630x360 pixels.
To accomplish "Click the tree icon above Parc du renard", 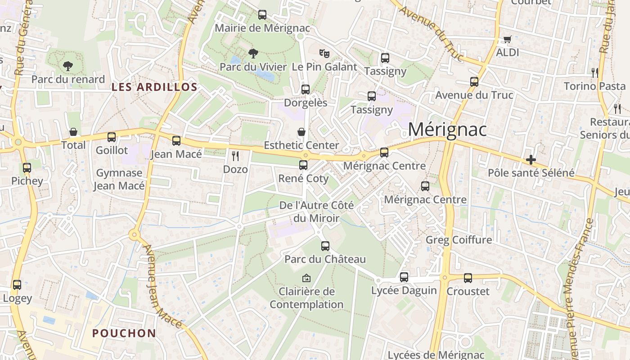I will (x=67, y=66).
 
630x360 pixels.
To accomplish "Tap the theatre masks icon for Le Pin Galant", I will (x=324, y=54).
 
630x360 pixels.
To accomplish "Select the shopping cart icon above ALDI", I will (x=508, y=39).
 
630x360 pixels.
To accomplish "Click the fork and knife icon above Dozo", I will (x=235, y=156).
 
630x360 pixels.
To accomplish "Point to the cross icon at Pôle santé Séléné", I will (x=531, y=160).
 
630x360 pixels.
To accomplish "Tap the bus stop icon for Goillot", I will (x=112, y=137).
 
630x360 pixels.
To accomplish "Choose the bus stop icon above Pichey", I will (x=27, y=168).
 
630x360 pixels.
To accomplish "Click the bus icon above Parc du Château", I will (x=325, y=246).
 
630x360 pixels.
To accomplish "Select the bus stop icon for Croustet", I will (x=468, y=278).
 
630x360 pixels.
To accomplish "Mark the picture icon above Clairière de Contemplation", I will (x=306, y=278).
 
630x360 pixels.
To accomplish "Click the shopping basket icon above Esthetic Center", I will (x=301, y=132).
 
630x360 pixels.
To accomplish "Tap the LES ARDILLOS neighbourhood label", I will (x=154, y=87).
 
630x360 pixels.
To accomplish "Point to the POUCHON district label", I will (x=124, y=333).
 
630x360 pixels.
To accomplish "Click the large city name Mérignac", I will (x=447, y=130).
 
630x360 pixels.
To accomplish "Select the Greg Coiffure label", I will (x=459, y=240).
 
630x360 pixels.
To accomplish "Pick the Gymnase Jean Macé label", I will (x=119, y=179).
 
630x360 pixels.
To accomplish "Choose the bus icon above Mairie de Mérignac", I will (x=262, y=15).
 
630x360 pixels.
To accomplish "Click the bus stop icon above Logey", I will (x=17, y=285).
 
